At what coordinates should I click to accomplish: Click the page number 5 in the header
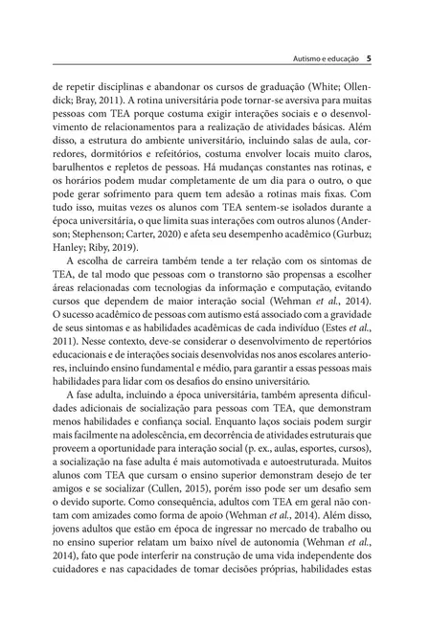(369, 57)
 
